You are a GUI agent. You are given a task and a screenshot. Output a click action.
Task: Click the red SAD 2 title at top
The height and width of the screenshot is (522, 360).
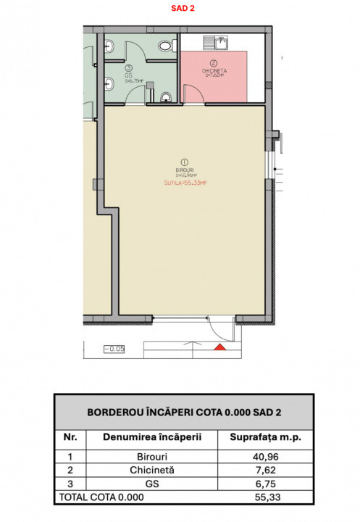(180, 9)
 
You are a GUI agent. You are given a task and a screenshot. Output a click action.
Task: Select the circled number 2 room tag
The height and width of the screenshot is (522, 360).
(214, 62)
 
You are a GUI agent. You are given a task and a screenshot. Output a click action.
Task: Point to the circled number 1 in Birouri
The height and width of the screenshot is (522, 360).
(184, 162)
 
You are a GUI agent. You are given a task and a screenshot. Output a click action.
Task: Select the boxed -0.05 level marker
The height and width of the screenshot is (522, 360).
(114, 349)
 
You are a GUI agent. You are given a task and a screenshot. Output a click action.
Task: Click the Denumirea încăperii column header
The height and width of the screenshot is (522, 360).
(151, 438)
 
